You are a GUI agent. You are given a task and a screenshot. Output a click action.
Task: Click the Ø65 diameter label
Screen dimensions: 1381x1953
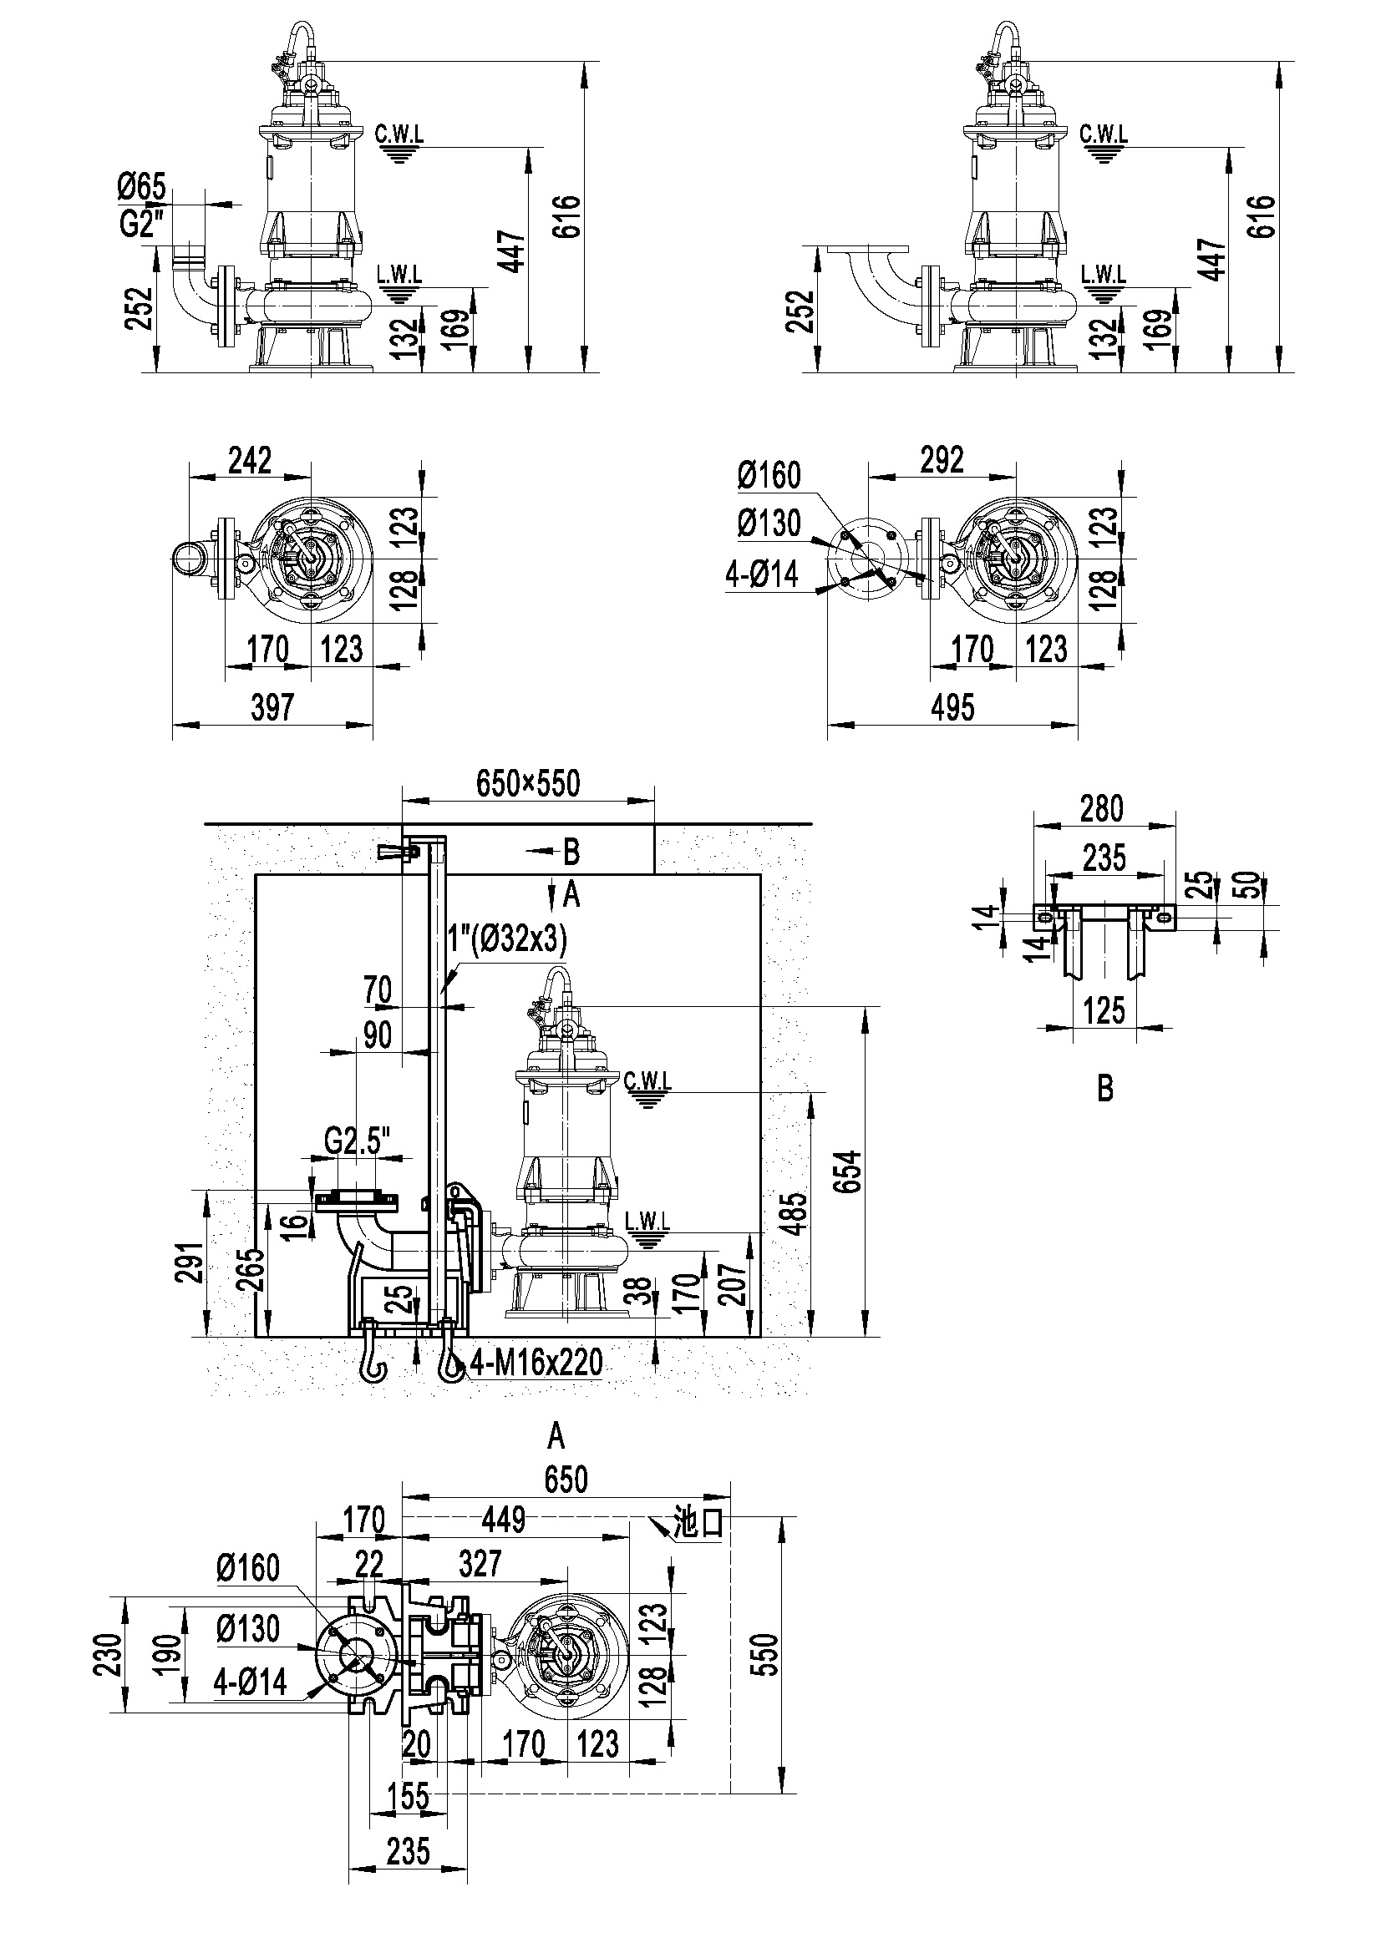pos(142,186)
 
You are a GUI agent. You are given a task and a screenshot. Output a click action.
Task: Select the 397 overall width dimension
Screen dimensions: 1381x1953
pos(272,707)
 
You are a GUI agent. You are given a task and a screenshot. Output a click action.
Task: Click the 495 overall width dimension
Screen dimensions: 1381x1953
pos(952,707)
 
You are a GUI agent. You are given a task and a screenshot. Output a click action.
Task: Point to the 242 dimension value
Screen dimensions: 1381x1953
pos(250,460)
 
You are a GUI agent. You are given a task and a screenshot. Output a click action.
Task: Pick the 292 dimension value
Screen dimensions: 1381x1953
pos(942,460)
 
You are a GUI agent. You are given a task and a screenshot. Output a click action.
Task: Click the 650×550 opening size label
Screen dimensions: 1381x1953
pos(528,783)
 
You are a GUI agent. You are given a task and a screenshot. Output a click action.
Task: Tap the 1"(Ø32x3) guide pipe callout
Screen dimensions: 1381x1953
pos(508,939)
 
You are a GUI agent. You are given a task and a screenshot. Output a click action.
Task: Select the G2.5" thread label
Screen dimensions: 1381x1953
pos(358,1142)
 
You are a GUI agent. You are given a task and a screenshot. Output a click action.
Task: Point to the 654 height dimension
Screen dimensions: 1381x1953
pos(850,1173)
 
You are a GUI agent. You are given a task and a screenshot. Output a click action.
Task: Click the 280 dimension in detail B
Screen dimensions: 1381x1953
pos(1102,808)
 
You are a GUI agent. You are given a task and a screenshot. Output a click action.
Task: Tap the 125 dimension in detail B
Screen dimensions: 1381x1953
pos(1104,1011)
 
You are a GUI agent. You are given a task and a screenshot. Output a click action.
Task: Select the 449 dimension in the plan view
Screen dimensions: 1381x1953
pos(504,1519)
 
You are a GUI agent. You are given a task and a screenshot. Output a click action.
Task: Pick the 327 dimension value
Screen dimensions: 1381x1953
pos(480,1563)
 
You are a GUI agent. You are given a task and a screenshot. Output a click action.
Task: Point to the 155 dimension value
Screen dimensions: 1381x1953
pos(409,1798)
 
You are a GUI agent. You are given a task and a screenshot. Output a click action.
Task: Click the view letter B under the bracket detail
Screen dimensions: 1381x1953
pos(1105,1090)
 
